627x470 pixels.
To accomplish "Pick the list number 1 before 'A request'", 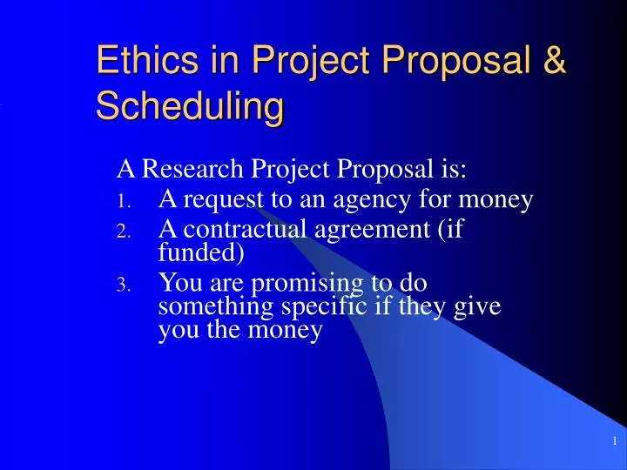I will (124, 204).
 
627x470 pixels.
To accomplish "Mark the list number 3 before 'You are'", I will (124, 286).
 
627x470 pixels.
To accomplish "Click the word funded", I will (200, 253).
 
